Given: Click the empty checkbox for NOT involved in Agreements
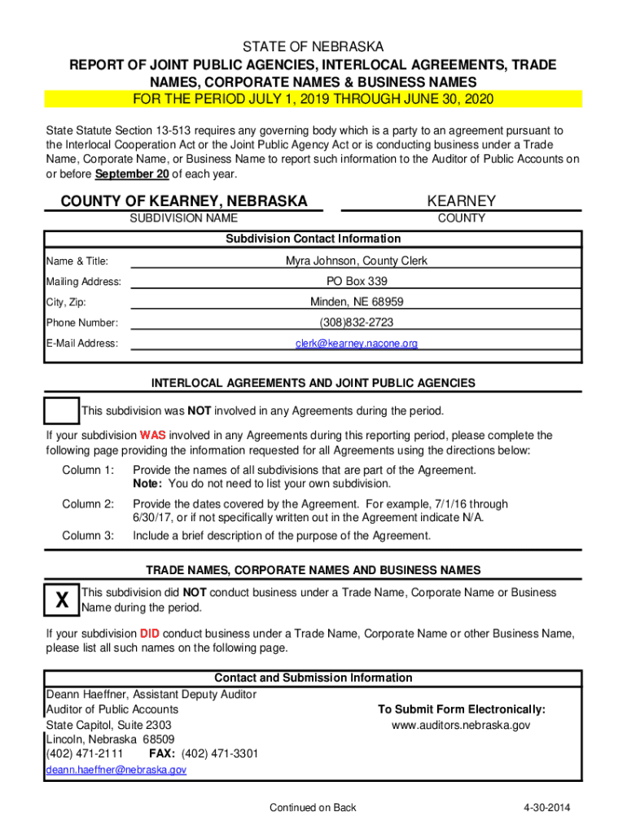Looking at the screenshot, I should point(62,411).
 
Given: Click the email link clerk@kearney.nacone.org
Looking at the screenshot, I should point(356,344).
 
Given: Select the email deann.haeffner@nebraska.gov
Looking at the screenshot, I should point(116,770).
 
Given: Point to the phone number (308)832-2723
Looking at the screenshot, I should point(356,323).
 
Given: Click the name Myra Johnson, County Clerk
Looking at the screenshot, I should point(356,261).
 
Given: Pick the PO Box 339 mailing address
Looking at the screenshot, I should point(356,282).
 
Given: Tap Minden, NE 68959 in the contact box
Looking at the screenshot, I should point(356,302).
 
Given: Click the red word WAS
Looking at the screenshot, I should point(153,436).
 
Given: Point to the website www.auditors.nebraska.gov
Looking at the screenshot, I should point(461,725).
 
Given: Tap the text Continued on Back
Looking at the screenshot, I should point(313,808).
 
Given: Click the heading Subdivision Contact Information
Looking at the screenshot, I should point(313,239).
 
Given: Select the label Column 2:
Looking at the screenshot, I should point(88,504).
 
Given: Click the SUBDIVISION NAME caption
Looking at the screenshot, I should point(184,218).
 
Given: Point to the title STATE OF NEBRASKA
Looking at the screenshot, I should point(313,47).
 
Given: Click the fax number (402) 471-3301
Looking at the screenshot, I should point(219,754).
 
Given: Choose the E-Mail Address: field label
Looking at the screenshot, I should point(81,344).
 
